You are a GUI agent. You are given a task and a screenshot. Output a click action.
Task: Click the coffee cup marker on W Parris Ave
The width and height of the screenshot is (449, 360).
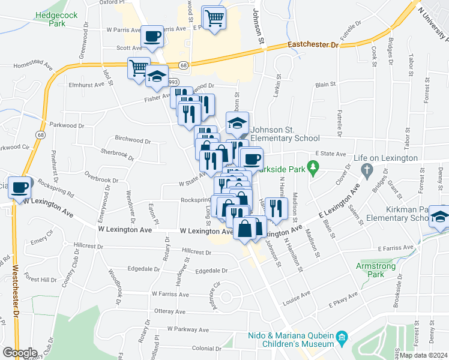[152, 36]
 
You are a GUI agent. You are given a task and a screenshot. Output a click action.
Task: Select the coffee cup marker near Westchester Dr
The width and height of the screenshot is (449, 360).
[20, 187]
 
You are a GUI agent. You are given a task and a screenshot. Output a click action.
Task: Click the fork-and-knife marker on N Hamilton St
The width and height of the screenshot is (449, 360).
[276, 208]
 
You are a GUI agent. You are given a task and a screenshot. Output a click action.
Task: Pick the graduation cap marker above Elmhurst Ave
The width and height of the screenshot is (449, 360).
[157, 76]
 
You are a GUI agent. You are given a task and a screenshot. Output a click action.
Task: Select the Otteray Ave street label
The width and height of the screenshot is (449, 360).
[170, 311]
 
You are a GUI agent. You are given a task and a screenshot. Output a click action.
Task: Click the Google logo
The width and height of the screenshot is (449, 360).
[19, 353]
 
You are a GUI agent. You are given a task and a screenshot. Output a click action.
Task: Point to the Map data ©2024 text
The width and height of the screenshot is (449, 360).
[423, 355]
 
